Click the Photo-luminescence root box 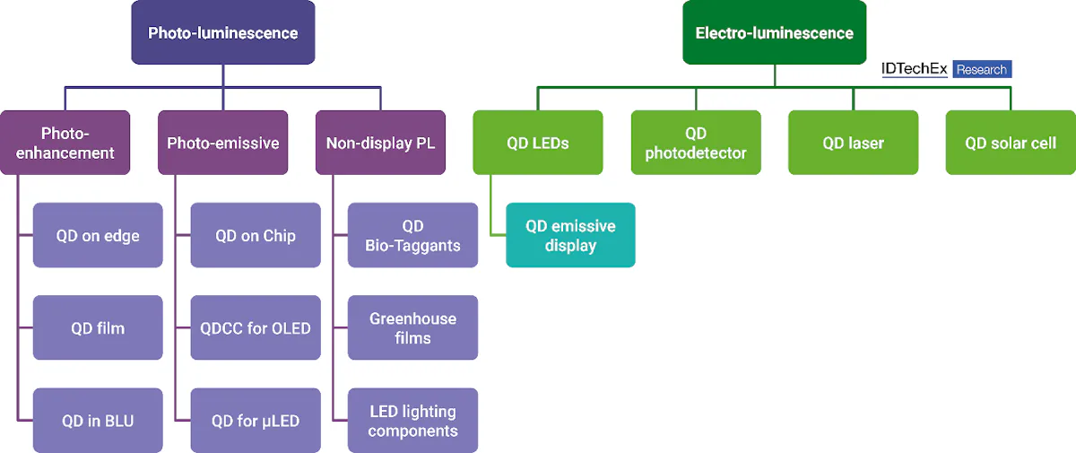point(222,33)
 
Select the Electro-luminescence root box point(774,33)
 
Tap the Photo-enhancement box point(65,143)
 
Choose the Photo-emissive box point(222,143)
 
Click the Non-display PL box point(380,143)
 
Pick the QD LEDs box point(538,143)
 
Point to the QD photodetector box point(696,143)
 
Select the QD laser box point(853,143)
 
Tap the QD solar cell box point(1011,143)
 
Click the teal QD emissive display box point(570,235)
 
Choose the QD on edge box point(98,235)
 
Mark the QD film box point(98,328)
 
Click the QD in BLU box point(98,421)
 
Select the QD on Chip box point(256,235)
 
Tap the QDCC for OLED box point(256,328)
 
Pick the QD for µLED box point(256,421)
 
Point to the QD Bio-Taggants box point(412,235)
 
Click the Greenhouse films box point(412,328)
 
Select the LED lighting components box point(412,421)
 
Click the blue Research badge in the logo point(982,69)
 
